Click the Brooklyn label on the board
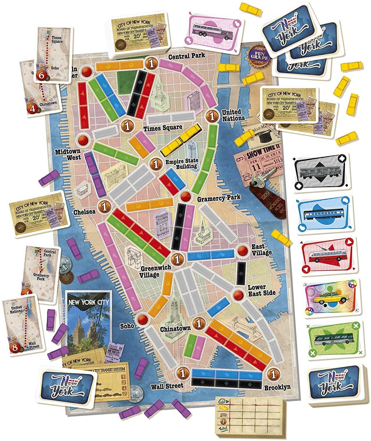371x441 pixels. click(x=277, y=387)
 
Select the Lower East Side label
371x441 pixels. click(x=261, y=290)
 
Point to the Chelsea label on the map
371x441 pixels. click(x=84, y=212)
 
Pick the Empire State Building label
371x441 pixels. click(x=182, y=164)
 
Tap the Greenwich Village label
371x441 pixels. click(x=150, y=272)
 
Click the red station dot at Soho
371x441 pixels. click(x=143, y=319)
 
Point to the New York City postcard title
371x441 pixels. click(x=88, y=302)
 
